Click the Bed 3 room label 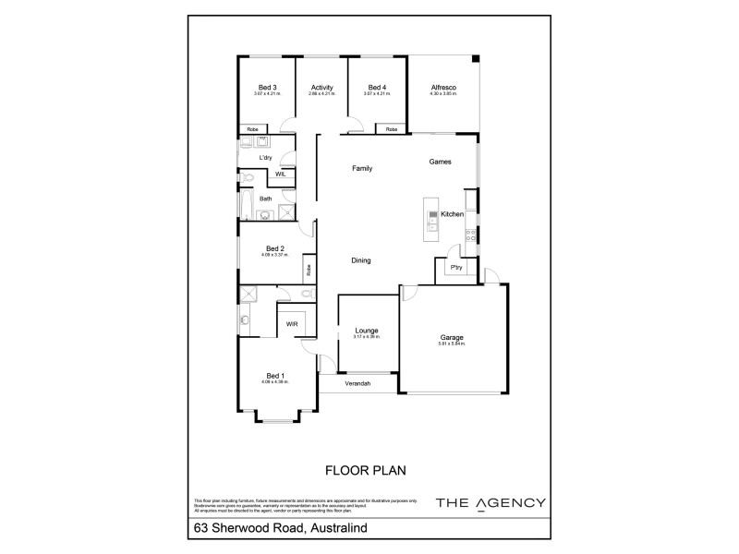(269, 88)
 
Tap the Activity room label (322, 88)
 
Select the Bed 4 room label (374, 88)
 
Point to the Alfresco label (443, 88)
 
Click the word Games (441, 162)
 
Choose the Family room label (361, 169)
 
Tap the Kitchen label (452, 215)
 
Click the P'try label (456, 268)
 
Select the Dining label (361, 260)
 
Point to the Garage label (452, 338)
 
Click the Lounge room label (368, 331)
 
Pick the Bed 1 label (275, 374)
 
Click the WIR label (291, 325)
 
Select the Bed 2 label (274, 247)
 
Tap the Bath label (265, 199)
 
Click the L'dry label (266, 158)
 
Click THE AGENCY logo (490, 503)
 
